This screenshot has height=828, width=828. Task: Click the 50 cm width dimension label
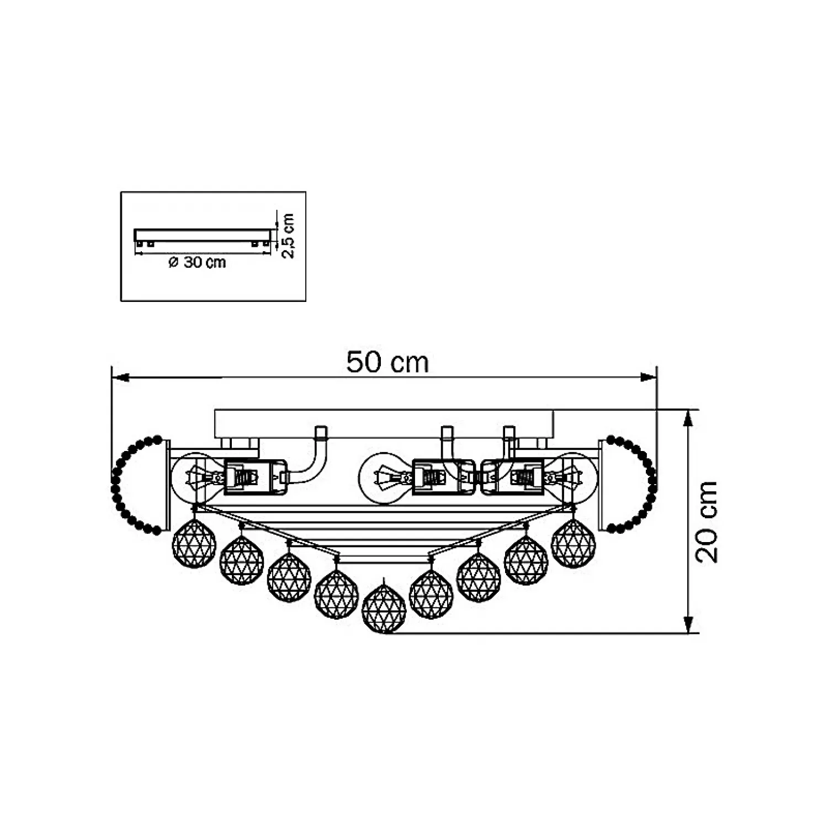point(388,363)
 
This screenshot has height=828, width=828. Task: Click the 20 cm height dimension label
point(707,522)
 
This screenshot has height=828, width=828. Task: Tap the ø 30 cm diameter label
point(197,262)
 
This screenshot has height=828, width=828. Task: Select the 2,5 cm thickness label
point(288,236)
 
